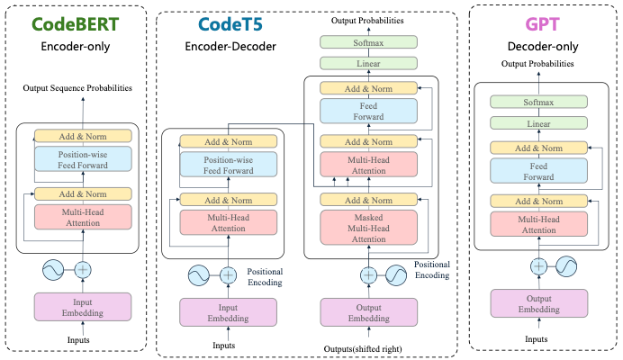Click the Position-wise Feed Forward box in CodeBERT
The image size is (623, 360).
tap(83, 159)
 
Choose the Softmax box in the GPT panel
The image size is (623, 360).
tap(537, 103)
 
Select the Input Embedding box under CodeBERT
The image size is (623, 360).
tap(83, 307)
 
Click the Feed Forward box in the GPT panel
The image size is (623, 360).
tap(537, 171)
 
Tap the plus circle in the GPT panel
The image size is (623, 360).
tap(538, 266)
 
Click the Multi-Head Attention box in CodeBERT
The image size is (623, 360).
tap(83, 216)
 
